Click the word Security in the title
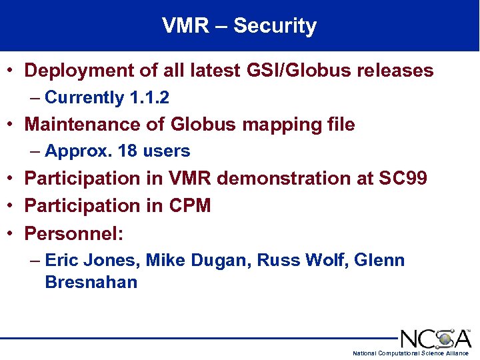275,26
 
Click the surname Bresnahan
91,281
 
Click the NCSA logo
435,338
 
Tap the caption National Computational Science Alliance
410,353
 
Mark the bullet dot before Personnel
12,234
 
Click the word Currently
84,98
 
